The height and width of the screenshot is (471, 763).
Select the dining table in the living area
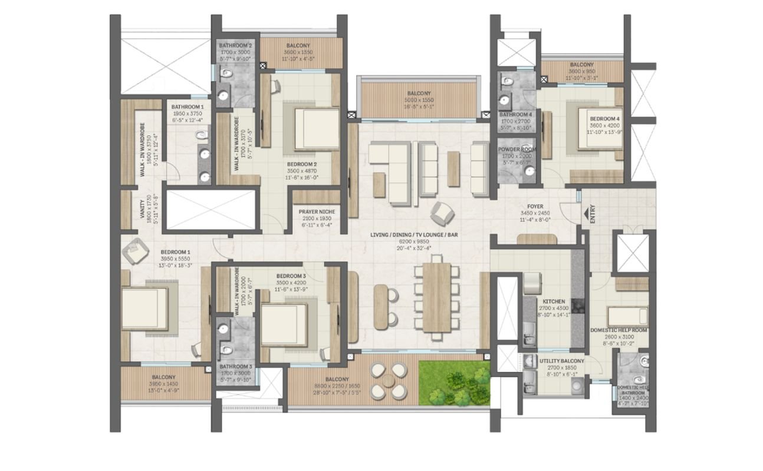[437, 301]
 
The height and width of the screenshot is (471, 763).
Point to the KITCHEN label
[554, 301]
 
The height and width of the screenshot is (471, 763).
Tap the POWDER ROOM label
[517, 150]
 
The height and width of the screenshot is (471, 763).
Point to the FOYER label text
[535, 207]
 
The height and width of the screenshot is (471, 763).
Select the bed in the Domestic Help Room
[627, 316]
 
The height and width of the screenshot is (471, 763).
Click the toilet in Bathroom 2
[225, 75]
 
